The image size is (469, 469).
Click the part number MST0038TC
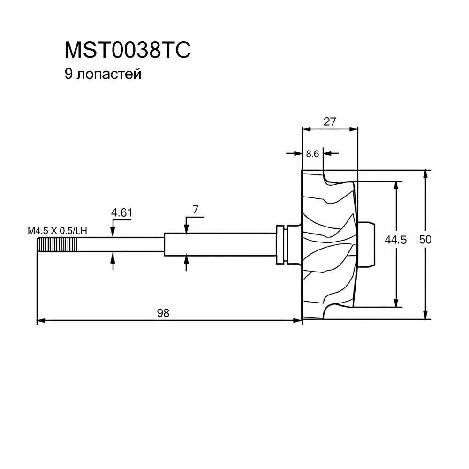coord(127,50)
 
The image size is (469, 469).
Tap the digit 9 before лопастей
coord(68,75)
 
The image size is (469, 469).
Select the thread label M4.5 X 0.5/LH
coord(58,231)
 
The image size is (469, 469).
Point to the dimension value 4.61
coord(121,213)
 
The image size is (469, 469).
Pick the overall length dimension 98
coord(163,313)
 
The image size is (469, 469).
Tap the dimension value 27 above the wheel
coord(330,121)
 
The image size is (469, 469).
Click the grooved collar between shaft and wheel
coord(282,244)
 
